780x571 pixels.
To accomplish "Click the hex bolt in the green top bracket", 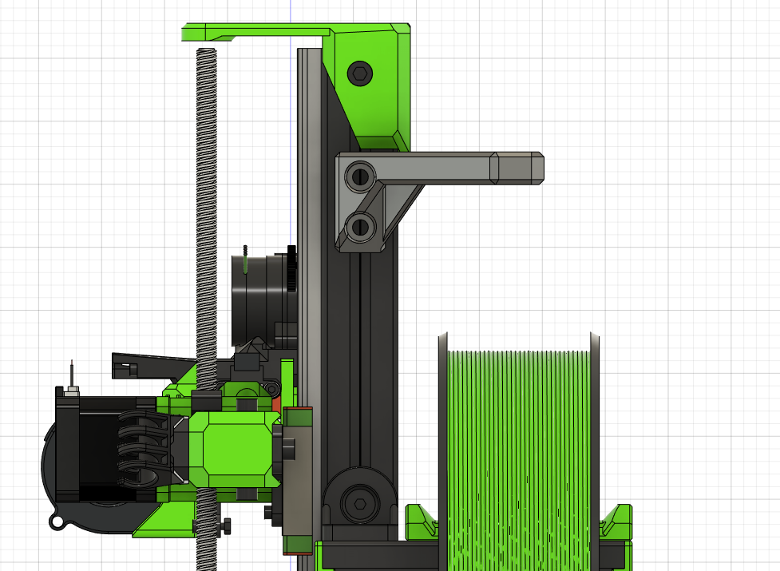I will [360, 74].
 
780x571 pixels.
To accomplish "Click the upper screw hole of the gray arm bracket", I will [360, 175].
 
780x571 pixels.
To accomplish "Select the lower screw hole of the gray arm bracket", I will [360, 225].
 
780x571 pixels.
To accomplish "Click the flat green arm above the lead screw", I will [255, 32].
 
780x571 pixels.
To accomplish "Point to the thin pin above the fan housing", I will [72, 374].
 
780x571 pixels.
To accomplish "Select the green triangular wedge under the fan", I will [160, 523].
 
